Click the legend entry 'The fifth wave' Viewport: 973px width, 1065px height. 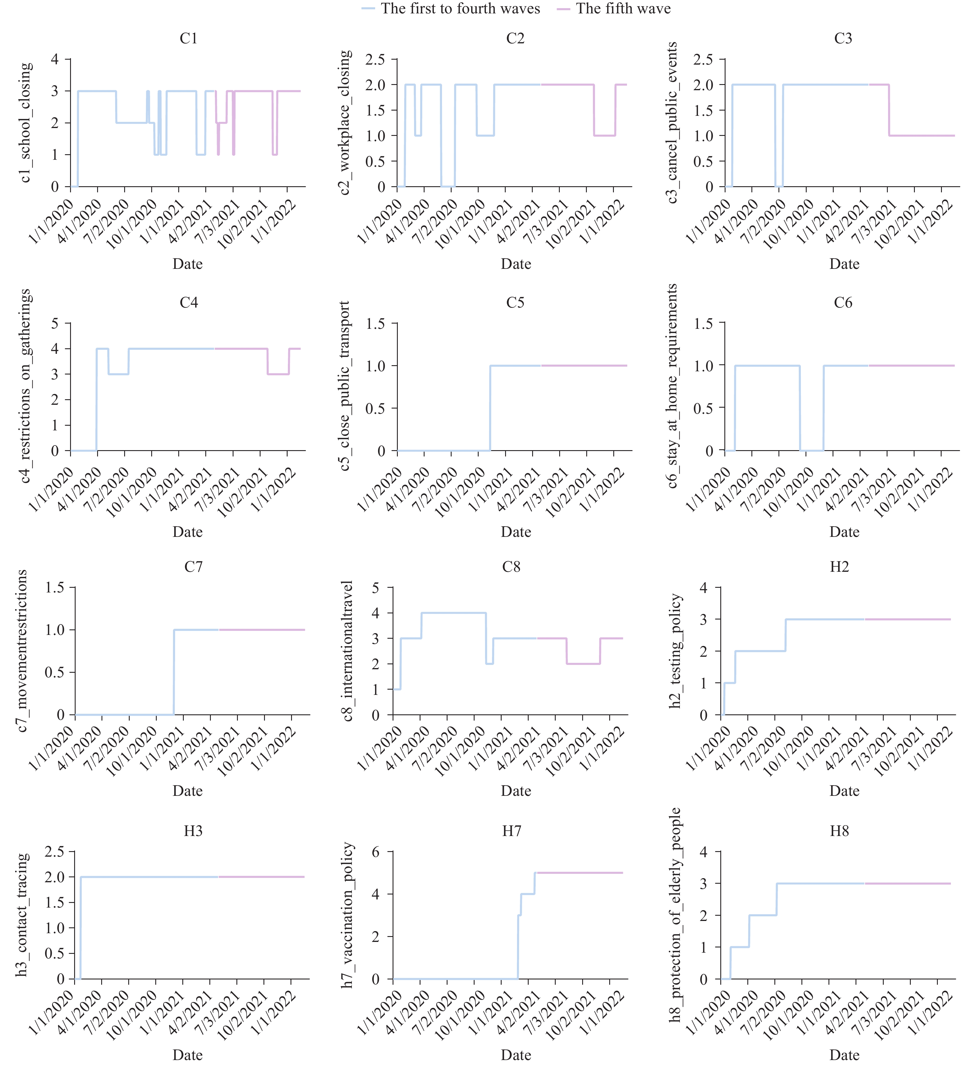623,9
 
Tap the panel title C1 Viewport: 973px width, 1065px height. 188,39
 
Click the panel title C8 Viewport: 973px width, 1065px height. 511,567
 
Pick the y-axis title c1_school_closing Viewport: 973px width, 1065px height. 25,123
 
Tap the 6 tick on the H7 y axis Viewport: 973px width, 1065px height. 376,852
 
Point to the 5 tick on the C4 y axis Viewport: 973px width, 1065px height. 55,323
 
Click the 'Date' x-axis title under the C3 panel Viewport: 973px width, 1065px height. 844,264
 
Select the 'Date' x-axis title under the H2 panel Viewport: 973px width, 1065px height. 844,791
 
